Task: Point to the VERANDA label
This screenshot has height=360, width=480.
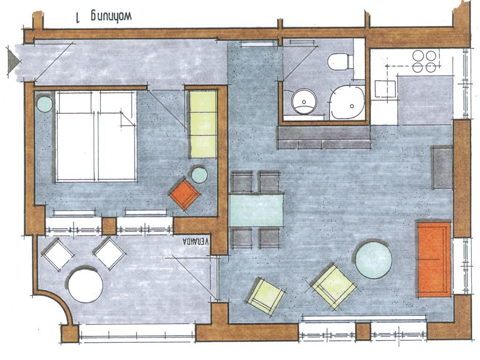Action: pyautogui.click(x=195, y=241)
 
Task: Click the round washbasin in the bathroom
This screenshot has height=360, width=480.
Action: pyautogui.click(x=304, y=101)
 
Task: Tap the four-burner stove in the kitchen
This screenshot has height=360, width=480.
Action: pyautogui.click(x=424, y=61)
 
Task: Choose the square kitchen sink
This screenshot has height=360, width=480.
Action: pyautogui.click(x=385, y=89)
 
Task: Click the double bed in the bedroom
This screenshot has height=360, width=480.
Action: pyautogui.click(x=96, y=136)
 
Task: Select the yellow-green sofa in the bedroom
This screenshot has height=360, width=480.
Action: pyautogui.click(x=203, y=124)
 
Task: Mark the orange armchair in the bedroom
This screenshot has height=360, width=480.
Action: pyautogui.click(x=185, y=194)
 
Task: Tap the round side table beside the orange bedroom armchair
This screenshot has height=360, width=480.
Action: pyautogui.click(x=199, y=175)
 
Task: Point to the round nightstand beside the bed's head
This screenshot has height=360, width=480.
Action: pyautogui.click(x=45, y=104)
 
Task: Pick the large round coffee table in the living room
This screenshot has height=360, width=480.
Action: pyautogui.click(x=374, y=260)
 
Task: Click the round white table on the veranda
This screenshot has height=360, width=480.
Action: pyautogui.click(x=85, y=285)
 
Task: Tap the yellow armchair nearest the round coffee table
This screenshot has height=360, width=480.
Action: pyautogui.click(x=333, y=285)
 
